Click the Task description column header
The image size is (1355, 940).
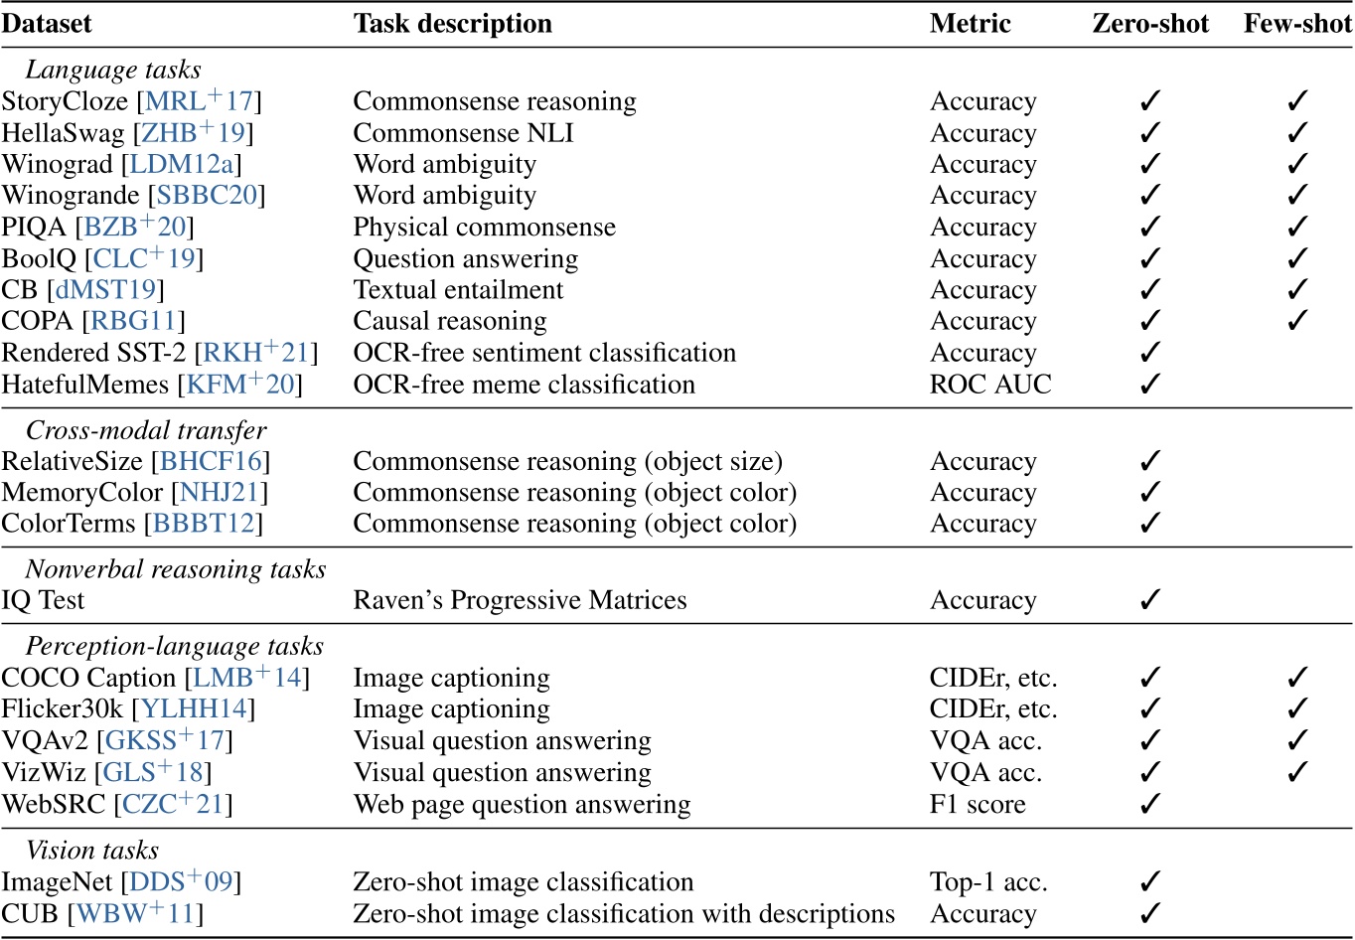tap(452, 24)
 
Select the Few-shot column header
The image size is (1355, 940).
tap(1297, 24)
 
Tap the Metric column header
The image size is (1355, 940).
tap(970, 24)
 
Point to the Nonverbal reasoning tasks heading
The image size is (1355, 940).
tap(176, 569)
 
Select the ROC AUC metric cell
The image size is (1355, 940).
tap(989, 385)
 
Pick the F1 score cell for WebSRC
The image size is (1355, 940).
tap(978, 804)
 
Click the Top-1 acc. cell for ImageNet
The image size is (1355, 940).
tap(988, 882)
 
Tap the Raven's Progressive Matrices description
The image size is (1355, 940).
tap(520, 601)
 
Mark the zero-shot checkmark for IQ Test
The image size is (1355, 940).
tap(1150, 601)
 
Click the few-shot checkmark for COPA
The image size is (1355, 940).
tap(1297, 322)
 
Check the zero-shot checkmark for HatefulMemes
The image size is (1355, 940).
tap(1150, 385)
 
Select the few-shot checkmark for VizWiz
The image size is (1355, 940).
tap(1297, 773)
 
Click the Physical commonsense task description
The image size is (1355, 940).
tap(484, 228)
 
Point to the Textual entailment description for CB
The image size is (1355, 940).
tap(458, 290)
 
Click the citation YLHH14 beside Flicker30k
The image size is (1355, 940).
tap(200, 709)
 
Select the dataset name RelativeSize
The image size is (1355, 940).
tap(73, 462)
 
